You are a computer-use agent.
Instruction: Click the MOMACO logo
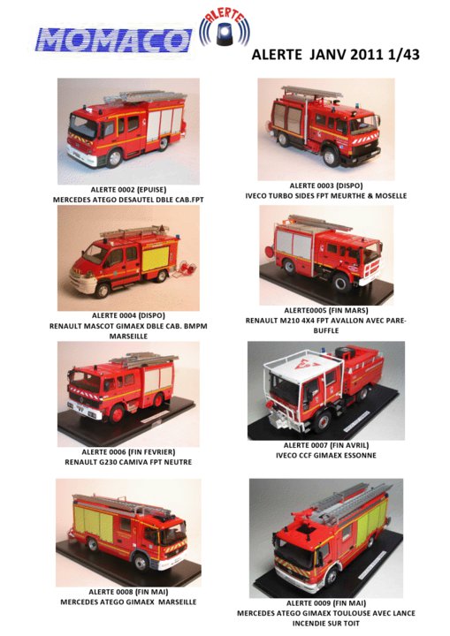click(113, 41)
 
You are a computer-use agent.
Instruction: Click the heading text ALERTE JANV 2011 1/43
click(335, 55)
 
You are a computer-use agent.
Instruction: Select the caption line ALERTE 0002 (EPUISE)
click(128, 189)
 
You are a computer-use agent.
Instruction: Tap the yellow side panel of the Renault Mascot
click(155, 258)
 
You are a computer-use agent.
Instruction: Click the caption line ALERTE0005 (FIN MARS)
click(326, 310)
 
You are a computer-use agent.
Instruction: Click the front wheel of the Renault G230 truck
click(117, 413)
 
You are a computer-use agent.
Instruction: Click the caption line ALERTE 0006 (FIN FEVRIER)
click(128, 452)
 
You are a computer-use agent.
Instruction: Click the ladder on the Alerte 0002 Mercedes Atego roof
click(145, 96)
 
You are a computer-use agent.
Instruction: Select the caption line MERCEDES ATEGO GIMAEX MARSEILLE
click(128, 602)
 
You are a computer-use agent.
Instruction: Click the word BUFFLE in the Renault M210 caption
click(326, 330)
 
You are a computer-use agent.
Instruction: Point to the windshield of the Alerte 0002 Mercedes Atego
click(82, 125)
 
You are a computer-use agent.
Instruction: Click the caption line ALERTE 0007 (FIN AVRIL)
click(326, 445)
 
